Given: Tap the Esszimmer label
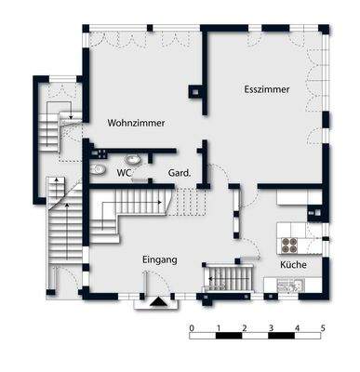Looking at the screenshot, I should [x=268, y=90].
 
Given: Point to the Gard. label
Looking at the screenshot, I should [x=179, y=173].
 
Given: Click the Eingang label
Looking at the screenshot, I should [x=160, y=259].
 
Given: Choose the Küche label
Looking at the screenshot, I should [x=294, y=265].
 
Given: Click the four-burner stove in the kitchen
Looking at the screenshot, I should [x=289, y=246].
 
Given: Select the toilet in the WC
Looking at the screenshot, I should [x=100, y=170].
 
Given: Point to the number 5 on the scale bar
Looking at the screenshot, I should [x=323, y=328].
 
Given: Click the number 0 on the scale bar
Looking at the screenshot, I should [x=191, y=328].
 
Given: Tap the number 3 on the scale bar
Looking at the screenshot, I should [x=270, y=328].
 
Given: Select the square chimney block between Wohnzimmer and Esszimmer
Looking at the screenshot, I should [x=195, y=92].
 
